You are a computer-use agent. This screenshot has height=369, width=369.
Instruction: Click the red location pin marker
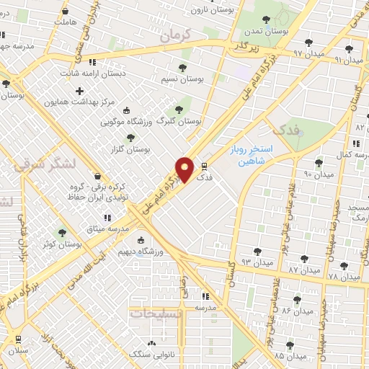point(185,169)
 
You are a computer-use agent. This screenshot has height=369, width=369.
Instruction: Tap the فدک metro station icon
point(204,165)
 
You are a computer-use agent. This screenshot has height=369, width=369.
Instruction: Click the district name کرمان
point(174,34)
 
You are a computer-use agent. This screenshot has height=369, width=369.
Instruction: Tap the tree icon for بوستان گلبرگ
point(179,110)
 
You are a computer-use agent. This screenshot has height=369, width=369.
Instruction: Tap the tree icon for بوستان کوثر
point(62,233)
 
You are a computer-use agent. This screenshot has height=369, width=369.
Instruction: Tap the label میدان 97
point(291,53)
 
